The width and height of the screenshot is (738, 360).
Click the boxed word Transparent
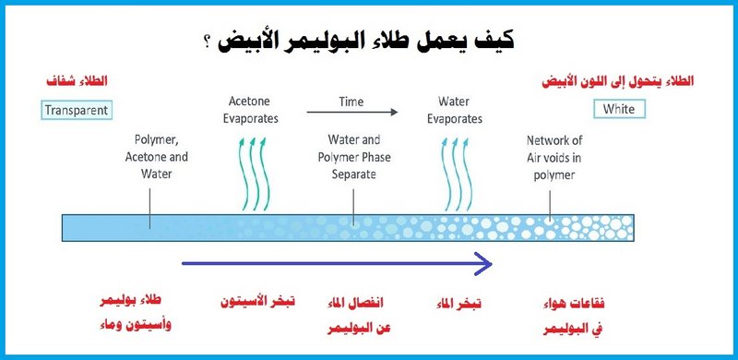tap(76, 110)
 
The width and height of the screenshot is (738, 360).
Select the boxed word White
tap(619, 109)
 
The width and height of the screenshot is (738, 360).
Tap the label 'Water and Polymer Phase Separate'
tap(354, 157)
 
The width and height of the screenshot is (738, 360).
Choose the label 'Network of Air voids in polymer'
tap(553, 157)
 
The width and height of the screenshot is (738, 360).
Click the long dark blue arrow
tap(337, 265)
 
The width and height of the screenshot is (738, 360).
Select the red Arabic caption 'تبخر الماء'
tap(458, 303)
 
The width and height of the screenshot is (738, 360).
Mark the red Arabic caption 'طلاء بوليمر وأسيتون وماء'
tap(136, 315)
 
